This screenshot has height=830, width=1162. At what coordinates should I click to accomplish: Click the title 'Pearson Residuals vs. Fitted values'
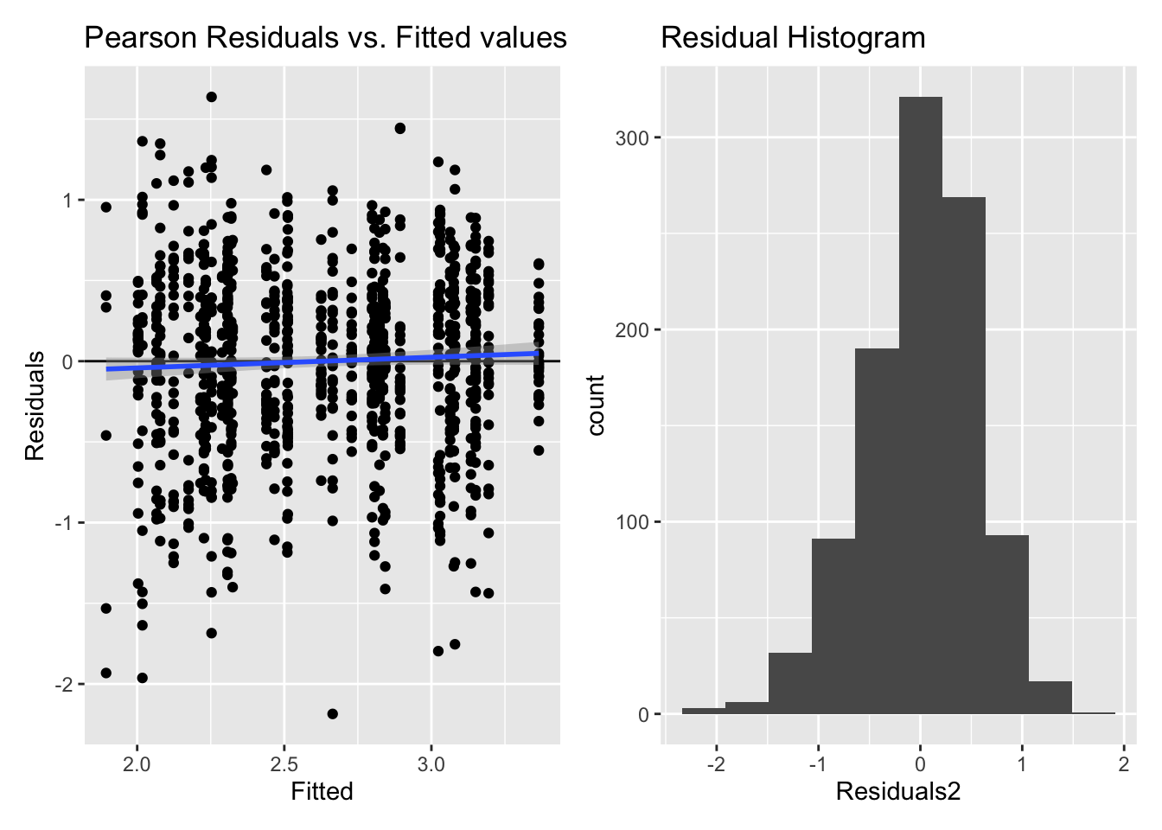point(325,38)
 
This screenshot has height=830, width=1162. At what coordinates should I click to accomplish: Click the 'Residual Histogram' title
point(793,38)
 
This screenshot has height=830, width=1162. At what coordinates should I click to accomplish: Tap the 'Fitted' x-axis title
point(322,791)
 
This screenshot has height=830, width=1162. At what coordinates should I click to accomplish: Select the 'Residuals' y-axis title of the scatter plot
point(35,405)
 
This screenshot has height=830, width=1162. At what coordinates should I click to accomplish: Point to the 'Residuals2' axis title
point(898,791)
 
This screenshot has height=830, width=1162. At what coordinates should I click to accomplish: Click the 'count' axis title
point(596,405)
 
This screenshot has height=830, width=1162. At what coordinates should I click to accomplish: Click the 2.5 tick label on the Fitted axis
point(284,764)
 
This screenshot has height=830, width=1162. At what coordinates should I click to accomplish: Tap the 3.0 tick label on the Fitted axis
point(431,764)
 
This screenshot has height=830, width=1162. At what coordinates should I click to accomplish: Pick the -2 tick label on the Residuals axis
point(63,685)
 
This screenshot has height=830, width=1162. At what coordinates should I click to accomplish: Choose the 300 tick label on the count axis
point(632,137)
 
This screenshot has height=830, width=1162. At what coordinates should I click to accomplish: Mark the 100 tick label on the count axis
point(632,522)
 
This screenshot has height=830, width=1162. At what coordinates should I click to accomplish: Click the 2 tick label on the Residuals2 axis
point(1124,764)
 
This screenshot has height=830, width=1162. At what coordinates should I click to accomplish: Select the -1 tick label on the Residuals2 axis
point(816,764)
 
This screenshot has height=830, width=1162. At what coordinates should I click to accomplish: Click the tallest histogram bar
point(921,406)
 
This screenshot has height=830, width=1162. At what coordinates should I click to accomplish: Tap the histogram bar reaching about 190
point(877,532)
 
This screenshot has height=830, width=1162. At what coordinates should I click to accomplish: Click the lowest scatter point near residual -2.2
point(332,713)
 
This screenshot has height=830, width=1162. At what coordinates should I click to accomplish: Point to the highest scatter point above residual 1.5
point(211,97)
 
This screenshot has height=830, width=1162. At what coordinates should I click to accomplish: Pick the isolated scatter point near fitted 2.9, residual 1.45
point(399,128)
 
